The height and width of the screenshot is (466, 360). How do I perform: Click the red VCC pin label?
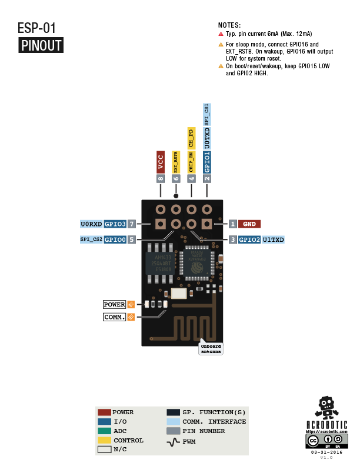[160, 162]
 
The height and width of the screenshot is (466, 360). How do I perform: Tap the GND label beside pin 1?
[249, 224]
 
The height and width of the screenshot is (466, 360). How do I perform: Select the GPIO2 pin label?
[249, 240]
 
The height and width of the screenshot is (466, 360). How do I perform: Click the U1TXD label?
[274, 240]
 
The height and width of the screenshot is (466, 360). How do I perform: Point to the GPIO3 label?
[115, 224]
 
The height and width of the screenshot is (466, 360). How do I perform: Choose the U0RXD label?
[91, 224]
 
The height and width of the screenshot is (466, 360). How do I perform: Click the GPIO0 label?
[115, 240]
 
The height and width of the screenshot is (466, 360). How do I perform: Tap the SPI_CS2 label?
[91, 240]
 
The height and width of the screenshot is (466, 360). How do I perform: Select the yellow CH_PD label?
[191, 138]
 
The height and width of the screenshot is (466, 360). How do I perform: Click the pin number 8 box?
[160, 178]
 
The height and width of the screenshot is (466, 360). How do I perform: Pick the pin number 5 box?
[132, 240]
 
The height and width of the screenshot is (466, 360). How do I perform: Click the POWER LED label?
[115, 305]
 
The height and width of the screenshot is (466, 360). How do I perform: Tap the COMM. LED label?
[115, 317]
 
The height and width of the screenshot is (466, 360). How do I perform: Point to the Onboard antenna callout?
[211, 348]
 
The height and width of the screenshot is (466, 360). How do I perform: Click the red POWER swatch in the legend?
[105, 412]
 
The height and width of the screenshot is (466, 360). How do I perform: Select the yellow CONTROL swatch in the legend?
[105, 440]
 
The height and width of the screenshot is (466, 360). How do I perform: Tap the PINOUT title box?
[41, 45]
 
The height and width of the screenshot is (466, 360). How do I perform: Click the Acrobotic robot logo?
[327, 407]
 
